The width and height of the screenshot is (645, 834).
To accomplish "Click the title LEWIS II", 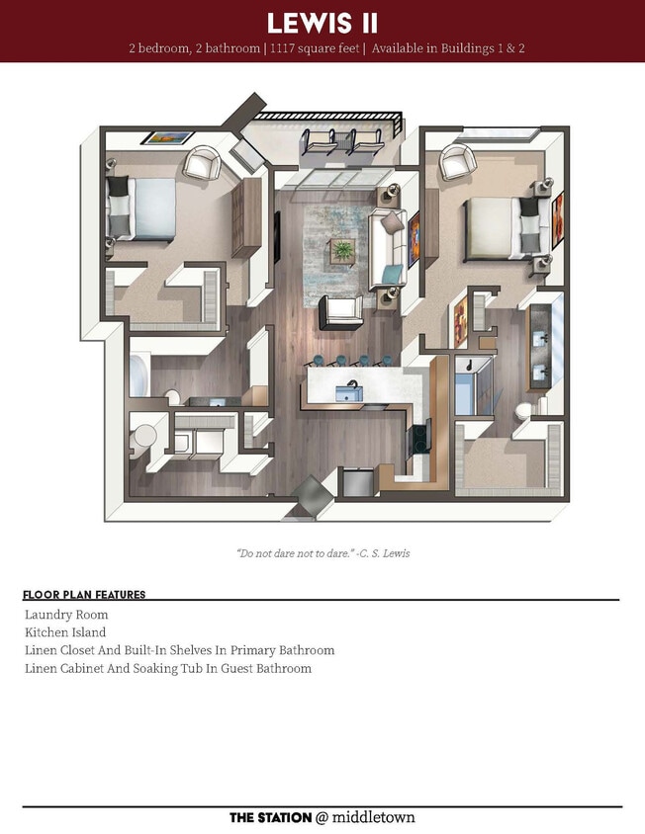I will [322, 23].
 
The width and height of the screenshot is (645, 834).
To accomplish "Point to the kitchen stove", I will [420, 435].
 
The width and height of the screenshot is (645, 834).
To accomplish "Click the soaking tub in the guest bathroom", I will [140, 375].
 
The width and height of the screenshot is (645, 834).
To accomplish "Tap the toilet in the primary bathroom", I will [525, 409].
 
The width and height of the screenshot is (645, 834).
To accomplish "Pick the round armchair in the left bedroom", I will [203, 163].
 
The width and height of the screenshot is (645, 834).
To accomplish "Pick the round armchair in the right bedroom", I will [457, 161].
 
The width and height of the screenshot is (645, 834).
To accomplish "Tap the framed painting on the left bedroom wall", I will [165, 137].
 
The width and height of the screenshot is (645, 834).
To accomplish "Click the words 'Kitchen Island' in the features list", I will [65, 632].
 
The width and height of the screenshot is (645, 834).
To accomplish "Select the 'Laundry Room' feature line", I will [66, 615].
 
